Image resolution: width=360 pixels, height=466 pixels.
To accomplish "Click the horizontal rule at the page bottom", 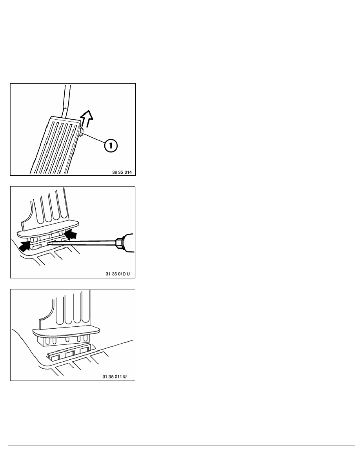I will [x=180, y=446].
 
